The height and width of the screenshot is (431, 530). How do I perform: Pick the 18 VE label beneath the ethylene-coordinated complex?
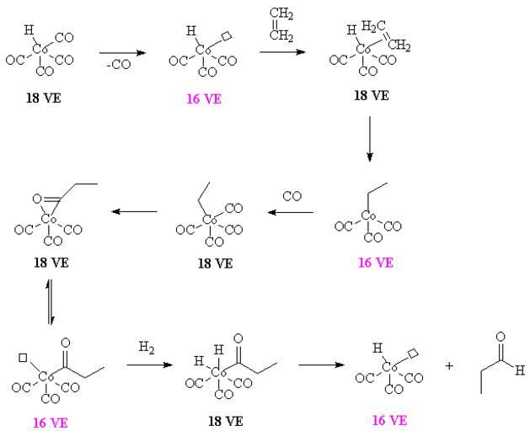(x=371, y=95)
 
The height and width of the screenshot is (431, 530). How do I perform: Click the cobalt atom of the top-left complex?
(x=43, y=51)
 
